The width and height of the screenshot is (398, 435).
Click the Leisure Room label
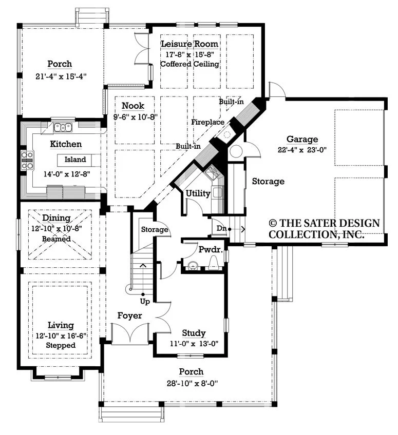(x=189, y=44)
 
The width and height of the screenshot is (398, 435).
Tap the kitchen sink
(x=63, y=127)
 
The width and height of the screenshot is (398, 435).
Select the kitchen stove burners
(x=27, y=161)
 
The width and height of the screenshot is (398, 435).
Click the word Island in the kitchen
(x=75, y=160)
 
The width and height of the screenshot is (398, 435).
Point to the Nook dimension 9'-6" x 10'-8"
(x=135, y=117)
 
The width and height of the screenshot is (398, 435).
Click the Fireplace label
(x=208, y=122)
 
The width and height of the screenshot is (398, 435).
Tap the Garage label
(x=302, y=139)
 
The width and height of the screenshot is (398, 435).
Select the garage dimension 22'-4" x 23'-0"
(x=302, y=150)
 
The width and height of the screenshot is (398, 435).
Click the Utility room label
(x=198, y=193)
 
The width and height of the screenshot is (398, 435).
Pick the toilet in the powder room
(x=214, y=264)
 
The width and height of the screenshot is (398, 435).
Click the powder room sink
(x=193, y=266)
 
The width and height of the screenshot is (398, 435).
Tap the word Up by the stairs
(x=145, y=302)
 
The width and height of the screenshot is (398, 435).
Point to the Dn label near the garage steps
(x=221, y=228)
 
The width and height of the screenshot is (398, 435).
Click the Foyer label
(x=130, y=315)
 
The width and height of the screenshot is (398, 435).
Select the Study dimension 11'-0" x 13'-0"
(x=194, y=344)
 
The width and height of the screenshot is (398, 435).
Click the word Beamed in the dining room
(x=56, y=239)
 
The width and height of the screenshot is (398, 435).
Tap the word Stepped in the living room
(x=61, y=345)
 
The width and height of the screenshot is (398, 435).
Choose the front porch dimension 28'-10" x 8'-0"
(x=192, y=383)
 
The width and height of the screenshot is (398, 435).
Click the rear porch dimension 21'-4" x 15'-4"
(x=61, y=76)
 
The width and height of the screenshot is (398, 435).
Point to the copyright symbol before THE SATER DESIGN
(x=273, y=223)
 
